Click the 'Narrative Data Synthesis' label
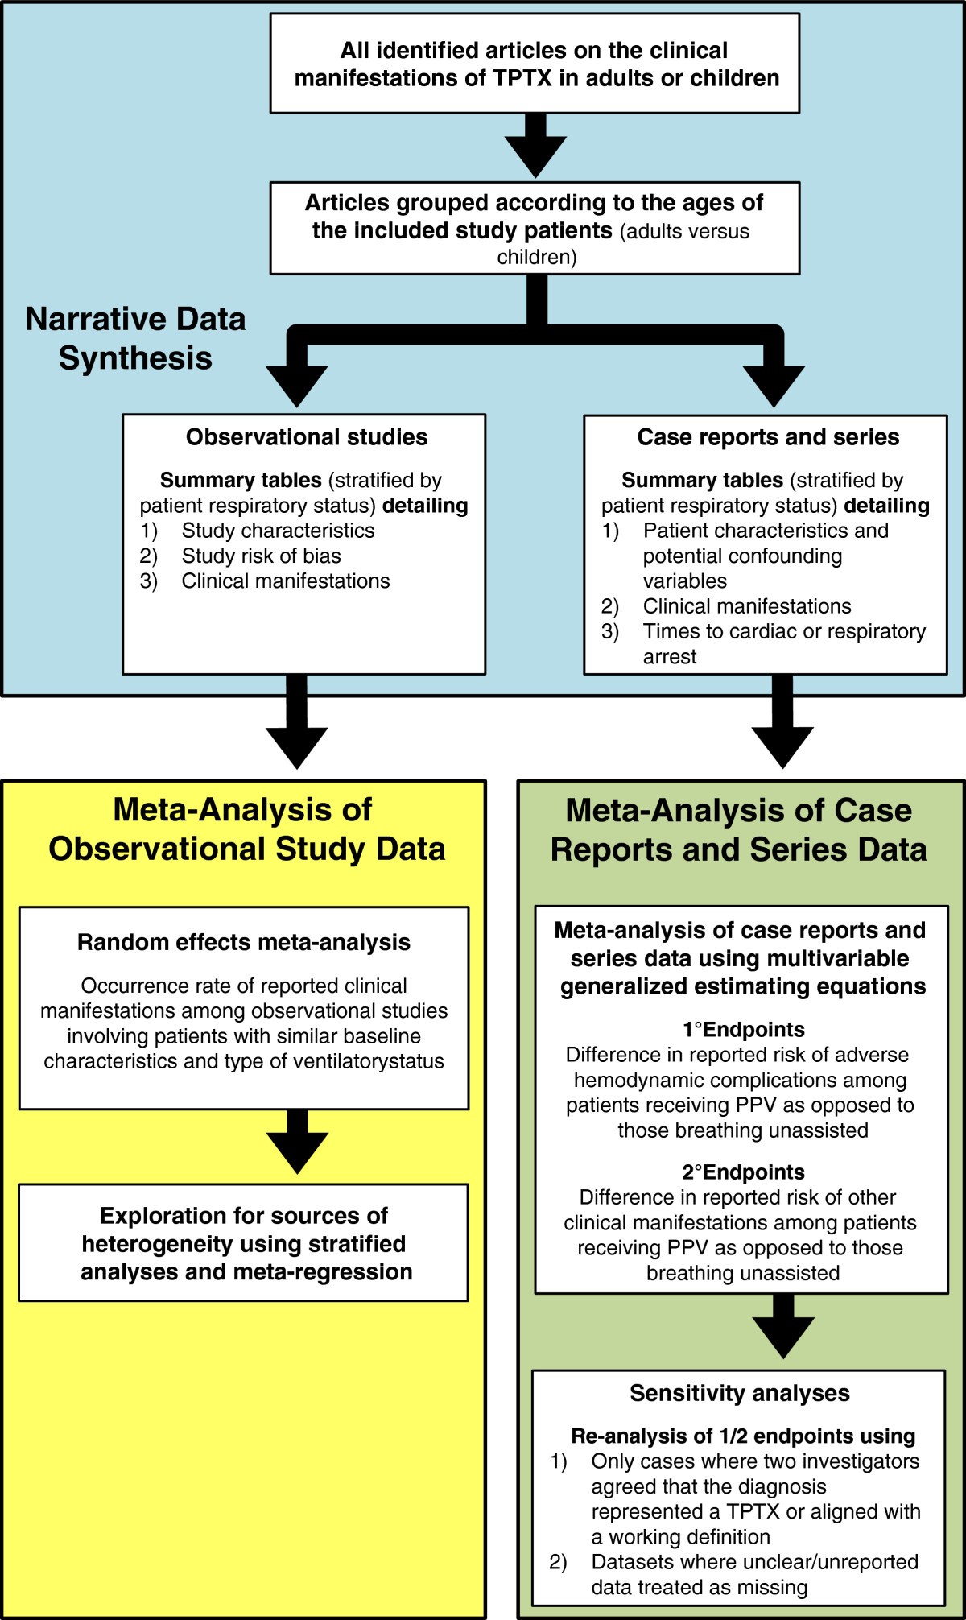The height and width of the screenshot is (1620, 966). (135, 338)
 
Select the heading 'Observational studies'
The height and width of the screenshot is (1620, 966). (307, 437)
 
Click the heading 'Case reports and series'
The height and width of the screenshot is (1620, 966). (768, 437)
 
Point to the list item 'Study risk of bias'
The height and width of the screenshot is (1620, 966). (261, 556)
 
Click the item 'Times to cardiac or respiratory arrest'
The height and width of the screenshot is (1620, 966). (783, 643)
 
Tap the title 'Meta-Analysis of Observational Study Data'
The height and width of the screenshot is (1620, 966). (246, 829)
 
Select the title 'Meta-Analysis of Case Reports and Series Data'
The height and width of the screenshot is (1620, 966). (738, 830)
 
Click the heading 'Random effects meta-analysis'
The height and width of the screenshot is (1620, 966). (243, 942)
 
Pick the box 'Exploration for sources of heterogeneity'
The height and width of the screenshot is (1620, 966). (243, 1243)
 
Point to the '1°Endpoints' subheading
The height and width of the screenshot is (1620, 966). (743, 1029)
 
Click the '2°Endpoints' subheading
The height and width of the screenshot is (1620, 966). (743, 1172)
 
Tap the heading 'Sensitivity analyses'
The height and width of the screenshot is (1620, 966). (739, 1394)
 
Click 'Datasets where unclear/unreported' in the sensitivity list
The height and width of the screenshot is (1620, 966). (754, 1562)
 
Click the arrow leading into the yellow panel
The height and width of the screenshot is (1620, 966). (297, 725)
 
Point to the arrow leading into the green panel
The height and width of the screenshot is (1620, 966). (782, 725)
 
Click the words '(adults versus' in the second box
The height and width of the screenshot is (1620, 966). (684, 232)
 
